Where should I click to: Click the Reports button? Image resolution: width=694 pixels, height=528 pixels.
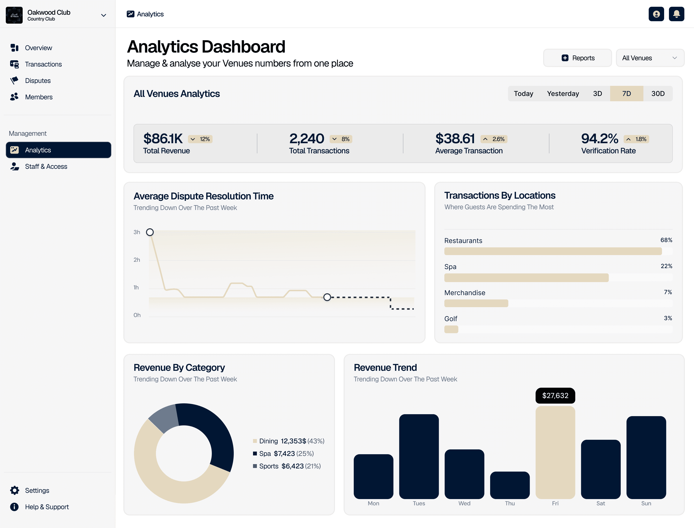pyautogui.click(x=577, y=58)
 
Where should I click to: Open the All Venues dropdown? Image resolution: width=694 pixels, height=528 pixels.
pyautogui.click(x=650, y=58)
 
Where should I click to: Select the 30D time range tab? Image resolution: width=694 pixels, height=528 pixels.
pyautogui.click(x=658, y=94)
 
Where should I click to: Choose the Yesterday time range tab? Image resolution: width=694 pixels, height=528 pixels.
pyautogui.click(x=563, y=94)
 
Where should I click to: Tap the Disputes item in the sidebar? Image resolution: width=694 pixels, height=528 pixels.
pyautogui.click(x=38, y=81)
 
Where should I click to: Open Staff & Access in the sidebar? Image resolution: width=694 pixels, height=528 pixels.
pyautogui.click(x=46, y=167)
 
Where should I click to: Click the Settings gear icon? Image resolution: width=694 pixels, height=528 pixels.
pyautogui.click(x=14, y=490)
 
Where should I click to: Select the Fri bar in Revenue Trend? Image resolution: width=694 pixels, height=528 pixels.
pyautogui.click(x=555, y=453)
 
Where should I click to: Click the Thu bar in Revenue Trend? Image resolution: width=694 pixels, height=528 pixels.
pyautogui.click(x=510, y=485)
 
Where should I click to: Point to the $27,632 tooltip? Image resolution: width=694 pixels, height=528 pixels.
pyautogui.click(x=555, y=396)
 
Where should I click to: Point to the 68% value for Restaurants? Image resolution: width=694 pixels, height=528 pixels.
pyautogui.click(x=666, y=240)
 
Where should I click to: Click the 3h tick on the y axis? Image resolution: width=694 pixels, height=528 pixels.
pyautogui.click(x=137, y=232)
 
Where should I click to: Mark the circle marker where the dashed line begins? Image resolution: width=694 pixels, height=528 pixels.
pyautogui.click(x=327, y=297)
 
